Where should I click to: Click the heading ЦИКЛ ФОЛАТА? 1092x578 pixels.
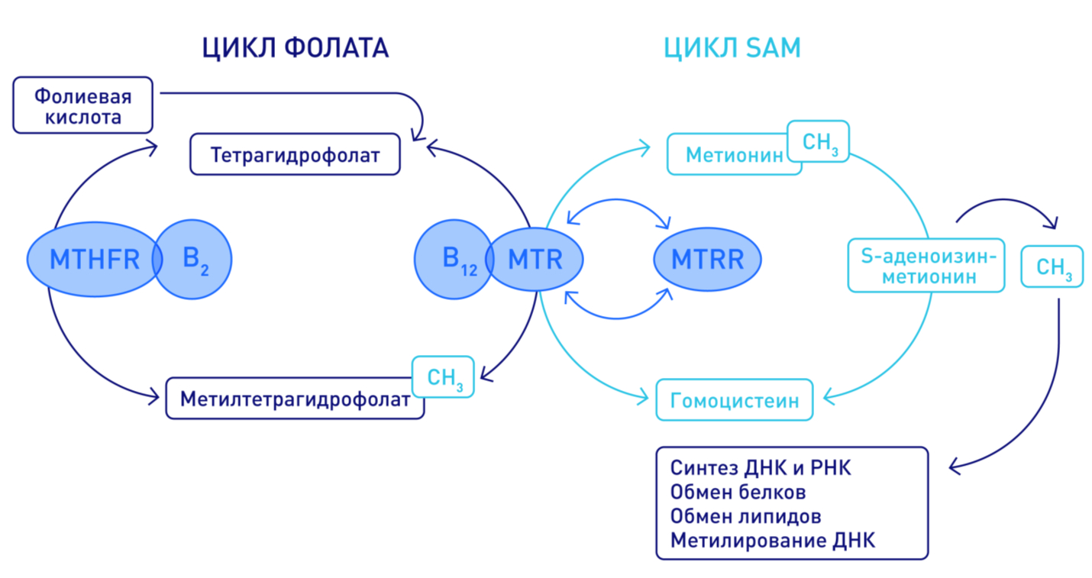[295, 48]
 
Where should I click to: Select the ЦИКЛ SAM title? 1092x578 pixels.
[732, 48]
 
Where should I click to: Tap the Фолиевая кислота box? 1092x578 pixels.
[83, 106]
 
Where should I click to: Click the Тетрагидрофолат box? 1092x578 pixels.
[295, 155]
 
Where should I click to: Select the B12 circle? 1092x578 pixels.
[451, 259]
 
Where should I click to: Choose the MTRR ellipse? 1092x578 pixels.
[707, 260]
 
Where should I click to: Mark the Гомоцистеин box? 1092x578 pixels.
[734, 400]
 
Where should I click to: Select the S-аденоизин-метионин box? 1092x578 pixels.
[926, 266]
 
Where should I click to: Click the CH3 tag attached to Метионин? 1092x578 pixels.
[818, 142]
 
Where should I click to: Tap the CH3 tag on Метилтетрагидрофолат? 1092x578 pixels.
[444, 377]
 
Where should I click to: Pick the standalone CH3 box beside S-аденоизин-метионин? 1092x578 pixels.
[1052, 266]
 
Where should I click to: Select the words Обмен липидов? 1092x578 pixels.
[745, 516]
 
